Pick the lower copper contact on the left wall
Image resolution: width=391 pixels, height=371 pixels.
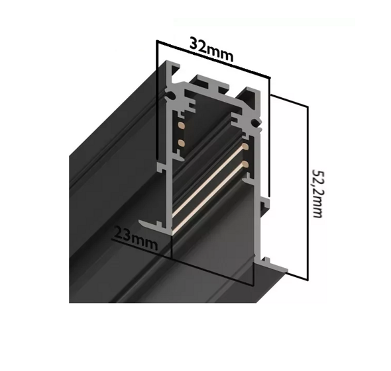coord(180,142)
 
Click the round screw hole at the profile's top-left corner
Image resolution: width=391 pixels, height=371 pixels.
coord(173,97)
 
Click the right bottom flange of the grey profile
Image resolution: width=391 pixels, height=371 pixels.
coord(276,267)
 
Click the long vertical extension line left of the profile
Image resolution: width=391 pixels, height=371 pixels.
coord(156,99)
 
